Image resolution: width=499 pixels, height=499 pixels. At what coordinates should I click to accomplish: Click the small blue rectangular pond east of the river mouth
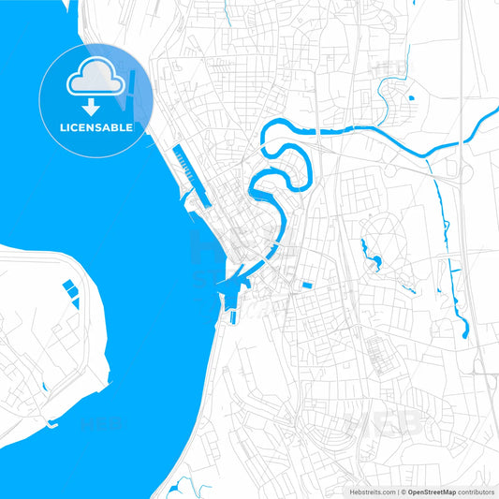pos(306,284)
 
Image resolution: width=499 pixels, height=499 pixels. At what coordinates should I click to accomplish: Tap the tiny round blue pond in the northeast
pos(410,97)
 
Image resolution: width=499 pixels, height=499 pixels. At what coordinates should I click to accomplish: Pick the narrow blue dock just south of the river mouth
pos(231,309)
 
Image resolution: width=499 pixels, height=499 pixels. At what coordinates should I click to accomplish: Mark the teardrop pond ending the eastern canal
pos(462,327)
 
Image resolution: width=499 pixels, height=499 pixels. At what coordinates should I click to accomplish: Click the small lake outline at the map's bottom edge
pos(183,486)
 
